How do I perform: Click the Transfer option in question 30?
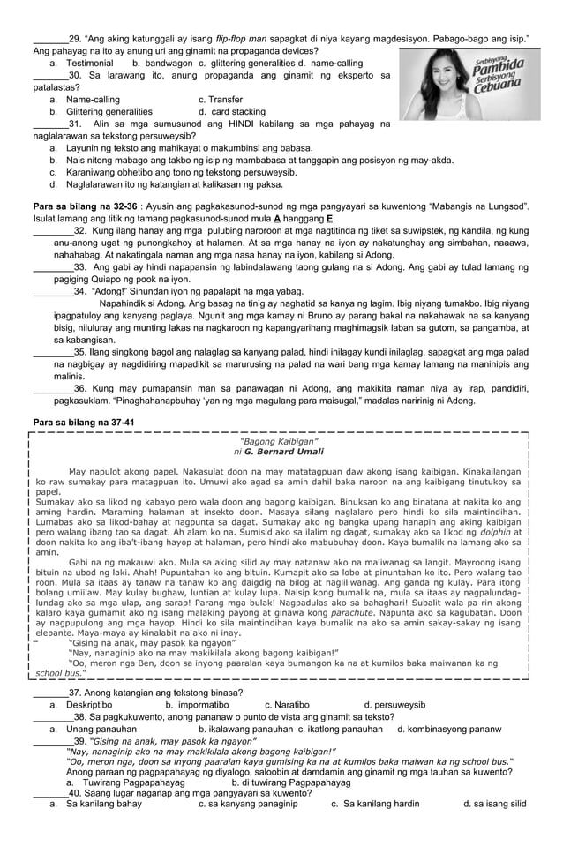tap(220, 100)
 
